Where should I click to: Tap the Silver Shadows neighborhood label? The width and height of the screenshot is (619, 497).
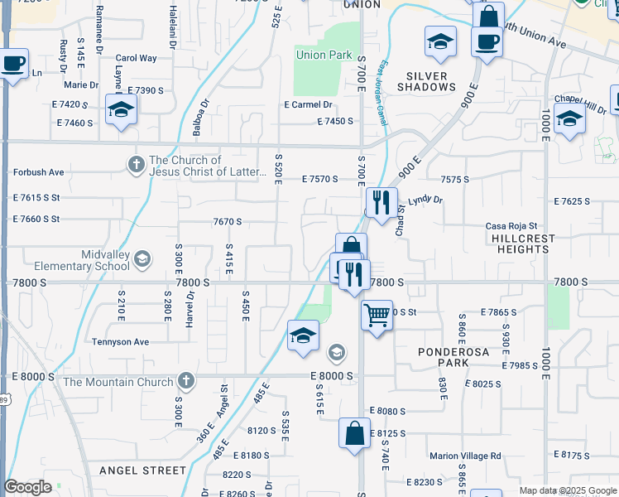click(426, 81)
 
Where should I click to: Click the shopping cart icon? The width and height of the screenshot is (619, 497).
click(377, 315)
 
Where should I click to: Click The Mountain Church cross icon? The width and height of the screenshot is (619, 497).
click(186, 382)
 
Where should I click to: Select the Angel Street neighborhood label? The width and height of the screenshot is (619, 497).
click(143, 470)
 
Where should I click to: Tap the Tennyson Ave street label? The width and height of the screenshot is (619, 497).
click(120, 341)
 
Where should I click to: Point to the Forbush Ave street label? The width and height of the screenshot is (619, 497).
click(38, 172)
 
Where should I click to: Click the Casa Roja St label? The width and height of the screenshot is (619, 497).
click(511, 226)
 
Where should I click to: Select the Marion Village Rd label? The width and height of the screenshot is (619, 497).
click(465, 456)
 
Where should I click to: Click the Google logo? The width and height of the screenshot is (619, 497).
click(27, 487)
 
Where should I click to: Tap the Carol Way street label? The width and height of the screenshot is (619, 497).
click(137, 59)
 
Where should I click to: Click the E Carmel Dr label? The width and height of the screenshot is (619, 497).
click(308, 105)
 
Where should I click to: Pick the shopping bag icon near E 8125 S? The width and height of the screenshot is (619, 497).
click(354, 433)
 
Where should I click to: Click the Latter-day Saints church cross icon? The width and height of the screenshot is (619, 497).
click(137, 165)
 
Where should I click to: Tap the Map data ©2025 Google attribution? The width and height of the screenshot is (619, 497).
click(567, 490)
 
